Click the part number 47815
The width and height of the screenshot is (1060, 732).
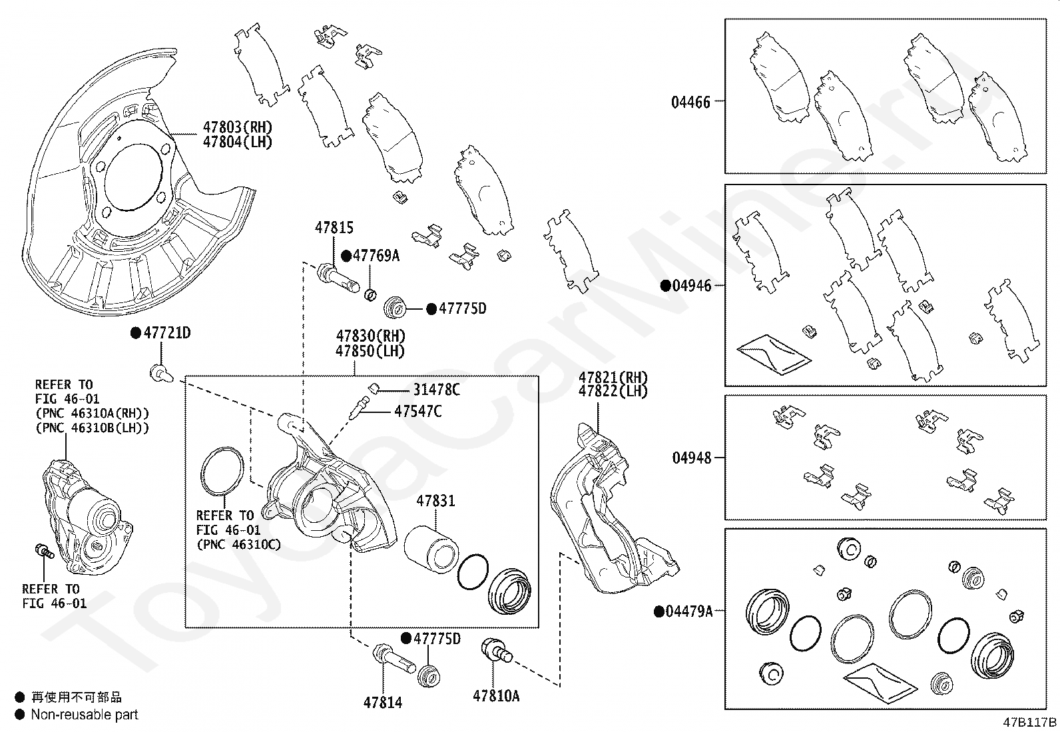pos(334,228)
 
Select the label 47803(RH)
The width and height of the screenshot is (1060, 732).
pos(237,127)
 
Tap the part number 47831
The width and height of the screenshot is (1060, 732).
pos(435,501)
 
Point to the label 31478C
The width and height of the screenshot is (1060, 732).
pos(436,390)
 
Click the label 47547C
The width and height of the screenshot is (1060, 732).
pos(417,411)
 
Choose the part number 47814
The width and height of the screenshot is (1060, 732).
pos(383,702)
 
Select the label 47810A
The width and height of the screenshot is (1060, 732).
pos(496,696)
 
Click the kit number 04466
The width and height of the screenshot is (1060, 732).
pos(690,103)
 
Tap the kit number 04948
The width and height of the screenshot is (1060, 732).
pos(691,458)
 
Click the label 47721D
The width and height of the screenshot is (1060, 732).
pos(166,333)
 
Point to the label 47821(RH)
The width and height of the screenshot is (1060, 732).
pos(613,377)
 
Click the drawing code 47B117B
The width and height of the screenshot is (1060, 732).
pos(1030,722)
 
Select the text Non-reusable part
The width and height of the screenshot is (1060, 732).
pos(85,715)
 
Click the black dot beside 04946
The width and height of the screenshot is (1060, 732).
pos(664,286)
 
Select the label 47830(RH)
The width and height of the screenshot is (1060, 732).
pos(370,336)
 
